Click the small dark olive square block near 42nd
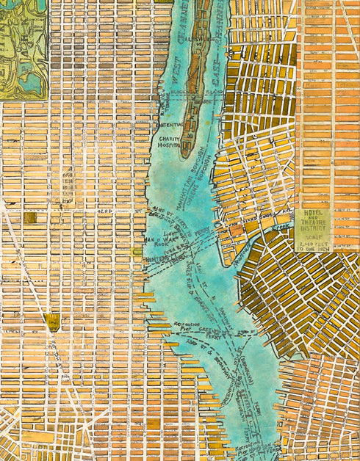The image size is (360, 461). click(x=29, y=218)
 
